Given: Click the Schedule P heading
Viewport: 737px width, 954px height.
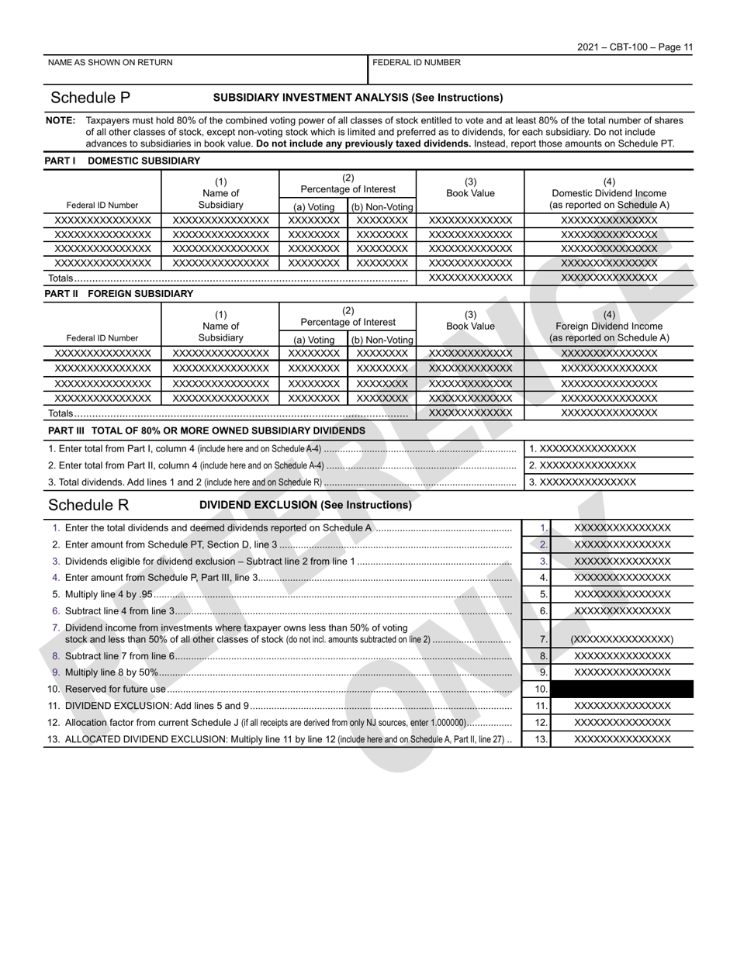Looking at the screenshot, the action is (90, 98).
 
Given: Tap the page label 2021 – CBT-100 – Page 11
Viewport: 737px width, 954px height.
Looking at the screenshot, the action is (635, 47).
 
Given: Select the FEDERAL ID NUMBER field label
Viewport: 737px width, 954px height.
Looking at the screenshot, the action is (417, 63).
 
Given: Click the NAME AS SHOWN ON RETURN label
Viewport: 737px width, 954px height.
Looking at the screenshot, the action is (110, 63).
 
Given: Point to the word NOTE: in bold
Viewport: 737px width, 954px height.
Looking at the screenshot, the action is (61, 121).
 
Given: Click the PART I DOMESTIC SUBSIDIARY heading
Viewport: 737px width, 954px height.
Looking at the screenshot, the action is (122, 161).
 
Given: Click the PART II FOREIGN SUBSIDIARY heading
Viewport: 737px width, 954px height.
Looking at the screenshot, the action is (119, 294).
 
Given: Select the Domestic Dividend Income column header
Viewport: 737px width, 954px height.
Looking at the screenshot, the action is (609, 193).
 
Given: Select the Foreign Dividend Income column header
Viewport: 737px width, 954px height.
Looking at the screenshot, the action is (609, 327).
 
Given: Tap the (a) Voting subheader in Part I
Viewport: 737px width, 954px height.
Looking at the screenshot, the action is (313, 206).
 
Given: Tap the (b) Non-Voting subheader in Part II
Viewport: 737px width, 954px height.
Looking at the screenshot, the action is (382, 340).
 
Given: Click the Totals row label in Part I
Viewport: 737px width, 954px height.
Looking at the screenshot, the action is (61, 278).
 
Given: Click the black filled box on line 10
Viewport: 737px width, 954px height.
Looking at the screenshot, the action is (622, 689).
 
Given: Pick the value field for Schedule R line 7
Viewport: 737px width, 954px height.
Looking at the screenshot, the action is (622, 639).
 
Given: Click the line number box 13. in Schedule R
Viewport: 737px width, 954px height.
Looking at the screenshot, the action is (541, 739).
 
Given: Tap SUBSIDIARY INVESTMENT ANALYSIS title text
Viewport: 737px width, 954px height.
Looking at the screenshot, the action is (358, 98).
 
